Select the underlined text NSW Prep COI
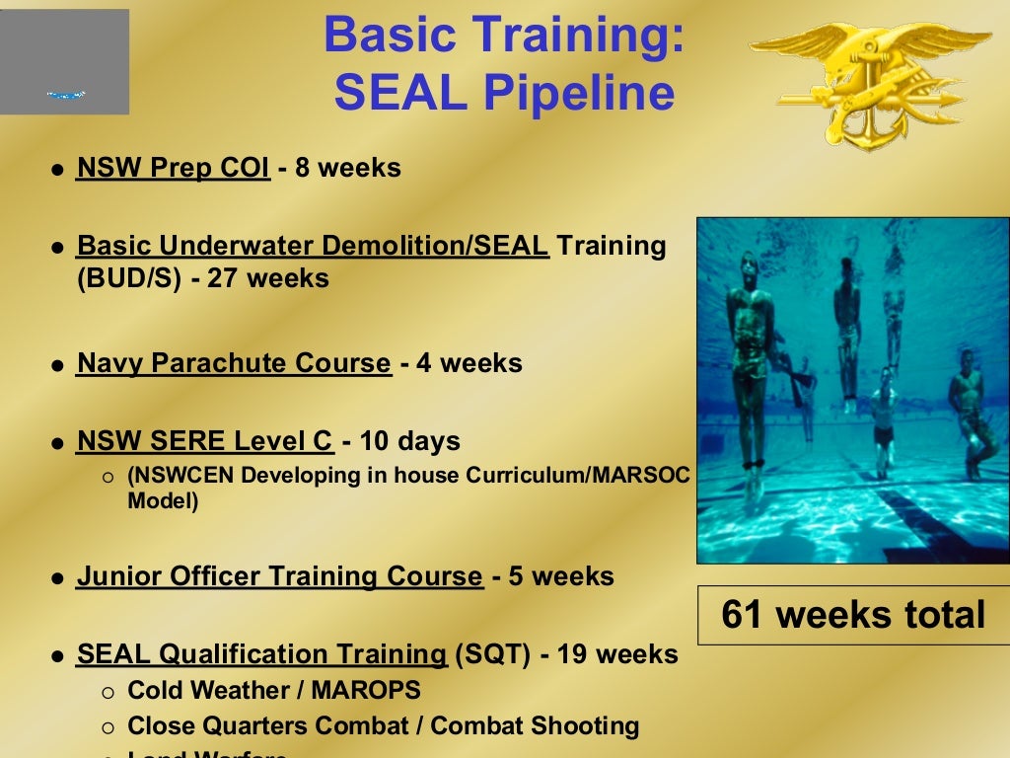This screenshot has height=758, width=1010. (x=173, y=168)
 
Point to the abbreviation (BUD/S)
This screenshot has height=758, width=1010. (x=129, y=278)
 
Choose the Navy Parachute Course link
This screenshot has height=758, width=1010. (x=234, y=363)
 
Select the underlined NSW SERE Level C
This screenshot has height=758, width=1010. (x=205, y=440)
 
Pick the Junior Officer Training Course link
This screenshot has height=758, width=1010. (x=280, y=576)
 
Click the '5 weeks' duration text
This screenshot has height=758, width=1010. (x=561, y=576)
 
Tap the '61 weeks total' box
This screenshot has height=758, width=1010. (x=853, y=615)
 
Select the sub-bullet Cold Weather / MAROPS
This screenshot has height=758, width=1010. (x=274, y=690)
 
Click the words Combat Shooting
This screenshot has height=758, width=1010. (x=535, y=726)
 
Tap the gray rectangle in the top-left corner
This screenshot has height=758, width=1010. (x=64, y=61)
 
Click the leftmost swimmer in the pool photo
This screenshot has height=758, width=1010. (x=748, y=355)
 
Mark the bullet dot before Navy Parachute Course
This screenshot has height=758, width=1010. (x=57, y=365)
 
